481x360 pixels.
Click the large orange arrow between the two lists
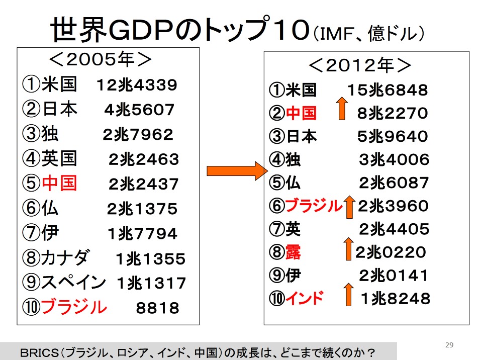coord(236,171)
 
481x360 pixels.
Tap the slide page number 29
coord(449,344)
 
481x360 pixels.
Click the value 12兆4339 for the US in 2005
coord(137,85)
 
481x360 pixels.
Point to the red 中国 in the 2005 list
coord(59,184)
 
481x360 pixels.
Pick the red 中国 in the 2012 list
coord(301,113)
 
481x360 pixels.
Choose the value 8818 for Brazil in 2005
coord(157,308)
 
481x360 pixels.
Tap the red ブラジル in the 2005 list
coord(74,306)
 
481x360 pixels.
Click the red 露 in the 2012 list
coord(293,252)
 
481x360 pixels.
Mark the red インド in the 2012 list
coord(304,299)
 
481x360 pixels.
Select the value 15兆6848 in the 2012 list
coord(387,91)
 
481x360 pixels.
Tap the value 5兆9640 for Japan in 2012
coord(393,137)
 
